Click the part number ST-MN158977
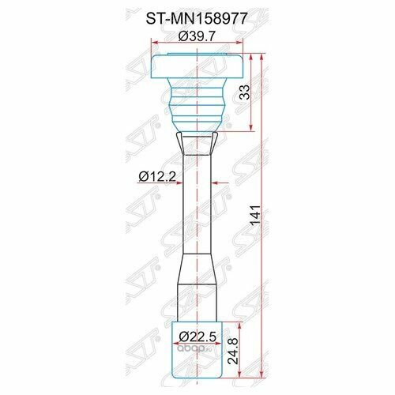pos(197,19)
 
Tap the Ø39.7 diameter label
pos(197,36)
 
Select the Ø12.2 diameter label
pos(157,176)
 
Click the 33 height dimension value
pos(245,92)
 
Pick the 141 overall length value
pos(255,215)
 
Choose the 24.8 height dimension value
pos(233,352)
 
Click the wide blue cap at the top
pos(197,66)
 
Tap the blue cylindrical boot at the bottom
pos(197,350)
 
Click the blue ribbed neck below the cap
pos(197,105)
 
